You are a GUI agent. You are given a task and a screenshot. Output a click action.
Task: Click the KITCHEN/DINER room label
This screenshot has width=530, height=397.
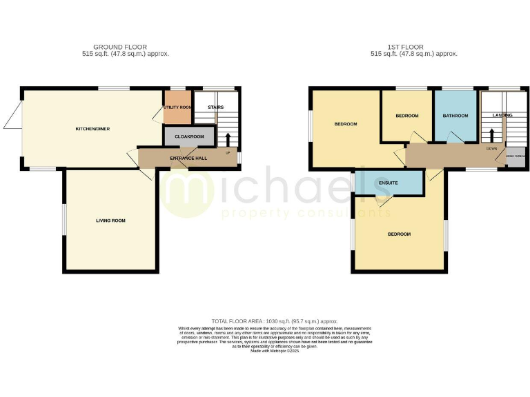pyautogui.click(x=93, y=129)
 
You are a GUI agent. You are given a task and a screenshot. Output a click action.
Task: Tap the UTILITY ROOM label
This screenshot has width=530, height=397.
pyautogui.click(x=177, y=108)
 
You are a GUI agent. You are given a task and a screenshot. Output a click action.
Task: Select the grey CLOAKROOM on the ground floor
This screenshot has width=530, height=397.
pyautogui.click(x=189, y=136)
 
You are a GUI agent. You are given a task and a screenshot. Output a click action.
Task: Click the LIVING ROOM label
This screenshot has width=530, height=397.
pyautogui.click(x=110, y=221)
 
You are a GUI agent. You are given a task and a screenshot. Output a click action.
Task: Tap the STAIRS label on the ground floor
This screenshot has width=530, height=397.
pyautogui.click(x=215, y=107)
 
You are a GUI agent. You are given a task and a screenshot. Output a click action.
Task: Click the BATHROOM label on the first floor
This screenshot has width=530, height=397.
pyautogui.click(x=455, y=116)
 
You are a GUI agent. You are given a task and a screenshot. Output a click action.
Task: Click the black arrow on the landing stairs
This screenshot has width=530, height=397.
pyautogui.click(x=491, y=134)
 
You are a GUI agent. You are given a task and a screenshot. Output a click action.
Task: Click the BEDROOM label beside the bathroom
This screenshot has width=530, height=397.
pyautogui.click(x=406, y=116)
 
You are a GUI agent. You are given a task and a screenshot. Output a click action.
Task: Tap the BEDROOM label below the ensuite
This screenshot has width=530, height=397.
pyautogui.click(x=399, y=234)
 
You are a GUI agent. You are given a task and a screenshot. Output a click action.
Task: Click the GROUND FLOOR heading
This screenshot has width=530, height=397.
pyautogui.click(x=120, y=47)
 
